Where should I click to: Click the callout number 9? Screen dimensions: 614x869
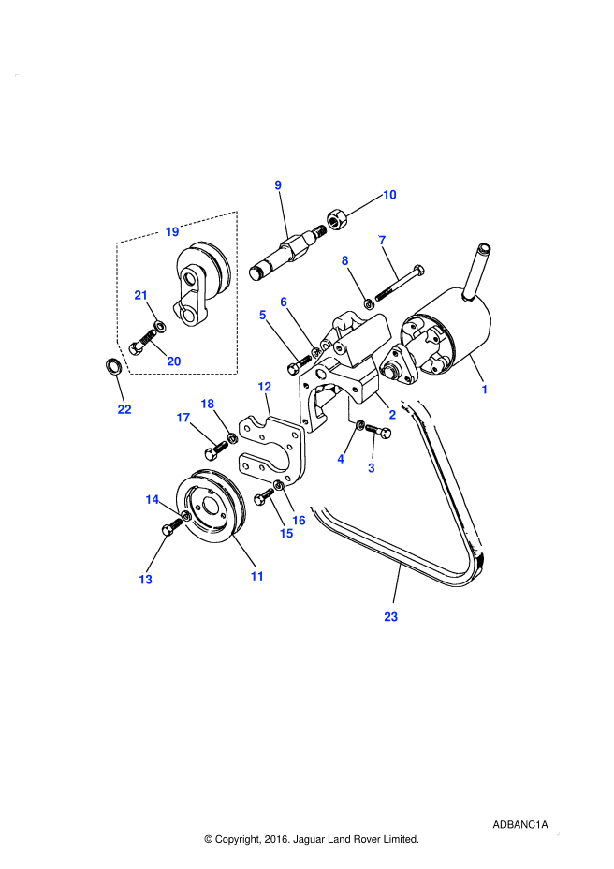coord(278,185)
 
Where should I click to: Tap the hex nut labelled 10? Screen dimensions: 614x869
coord(336,219)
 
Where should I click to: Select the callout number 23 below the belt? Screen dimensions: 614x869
coord(390,617)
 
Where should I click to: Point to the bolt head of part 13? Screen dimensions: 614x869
coord(167,530)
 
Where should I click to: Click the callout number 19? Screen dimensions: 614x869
coord(172,231)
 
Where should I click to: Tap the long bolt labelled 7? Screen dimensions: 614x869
coord(400,283)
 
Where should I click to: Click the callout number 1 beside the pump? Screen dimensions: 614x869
coord(484,390)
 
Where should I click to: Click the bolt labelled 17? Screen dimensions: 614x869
coord(215,449)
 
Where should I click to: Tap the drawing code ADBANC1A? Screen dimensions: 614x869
coord(519,825)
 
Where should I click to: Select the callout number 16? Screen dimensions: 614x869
coord(299,521)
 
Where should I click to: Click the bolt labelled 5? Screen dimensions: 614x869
coord(300,362)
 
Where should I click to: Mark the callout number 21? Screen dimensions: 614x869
coord(140,295)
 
